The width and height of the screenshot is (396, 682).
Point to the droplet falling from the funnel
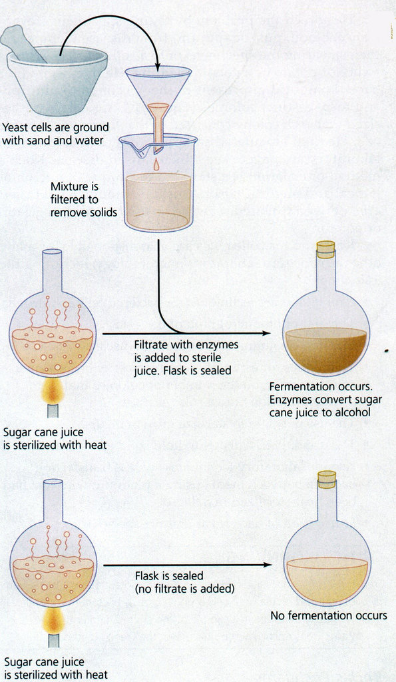156,165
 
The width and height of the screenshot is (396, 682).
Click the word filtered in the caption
73,200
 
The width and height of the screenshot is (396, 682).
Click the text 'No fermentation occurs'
329,615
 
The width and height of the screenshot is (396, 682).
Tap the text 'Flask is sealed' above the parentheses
169,576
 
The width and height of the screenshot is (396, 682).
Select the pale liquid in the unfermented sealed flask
327,579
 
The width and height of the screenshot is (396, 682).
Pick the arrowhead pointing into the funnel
157,66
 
